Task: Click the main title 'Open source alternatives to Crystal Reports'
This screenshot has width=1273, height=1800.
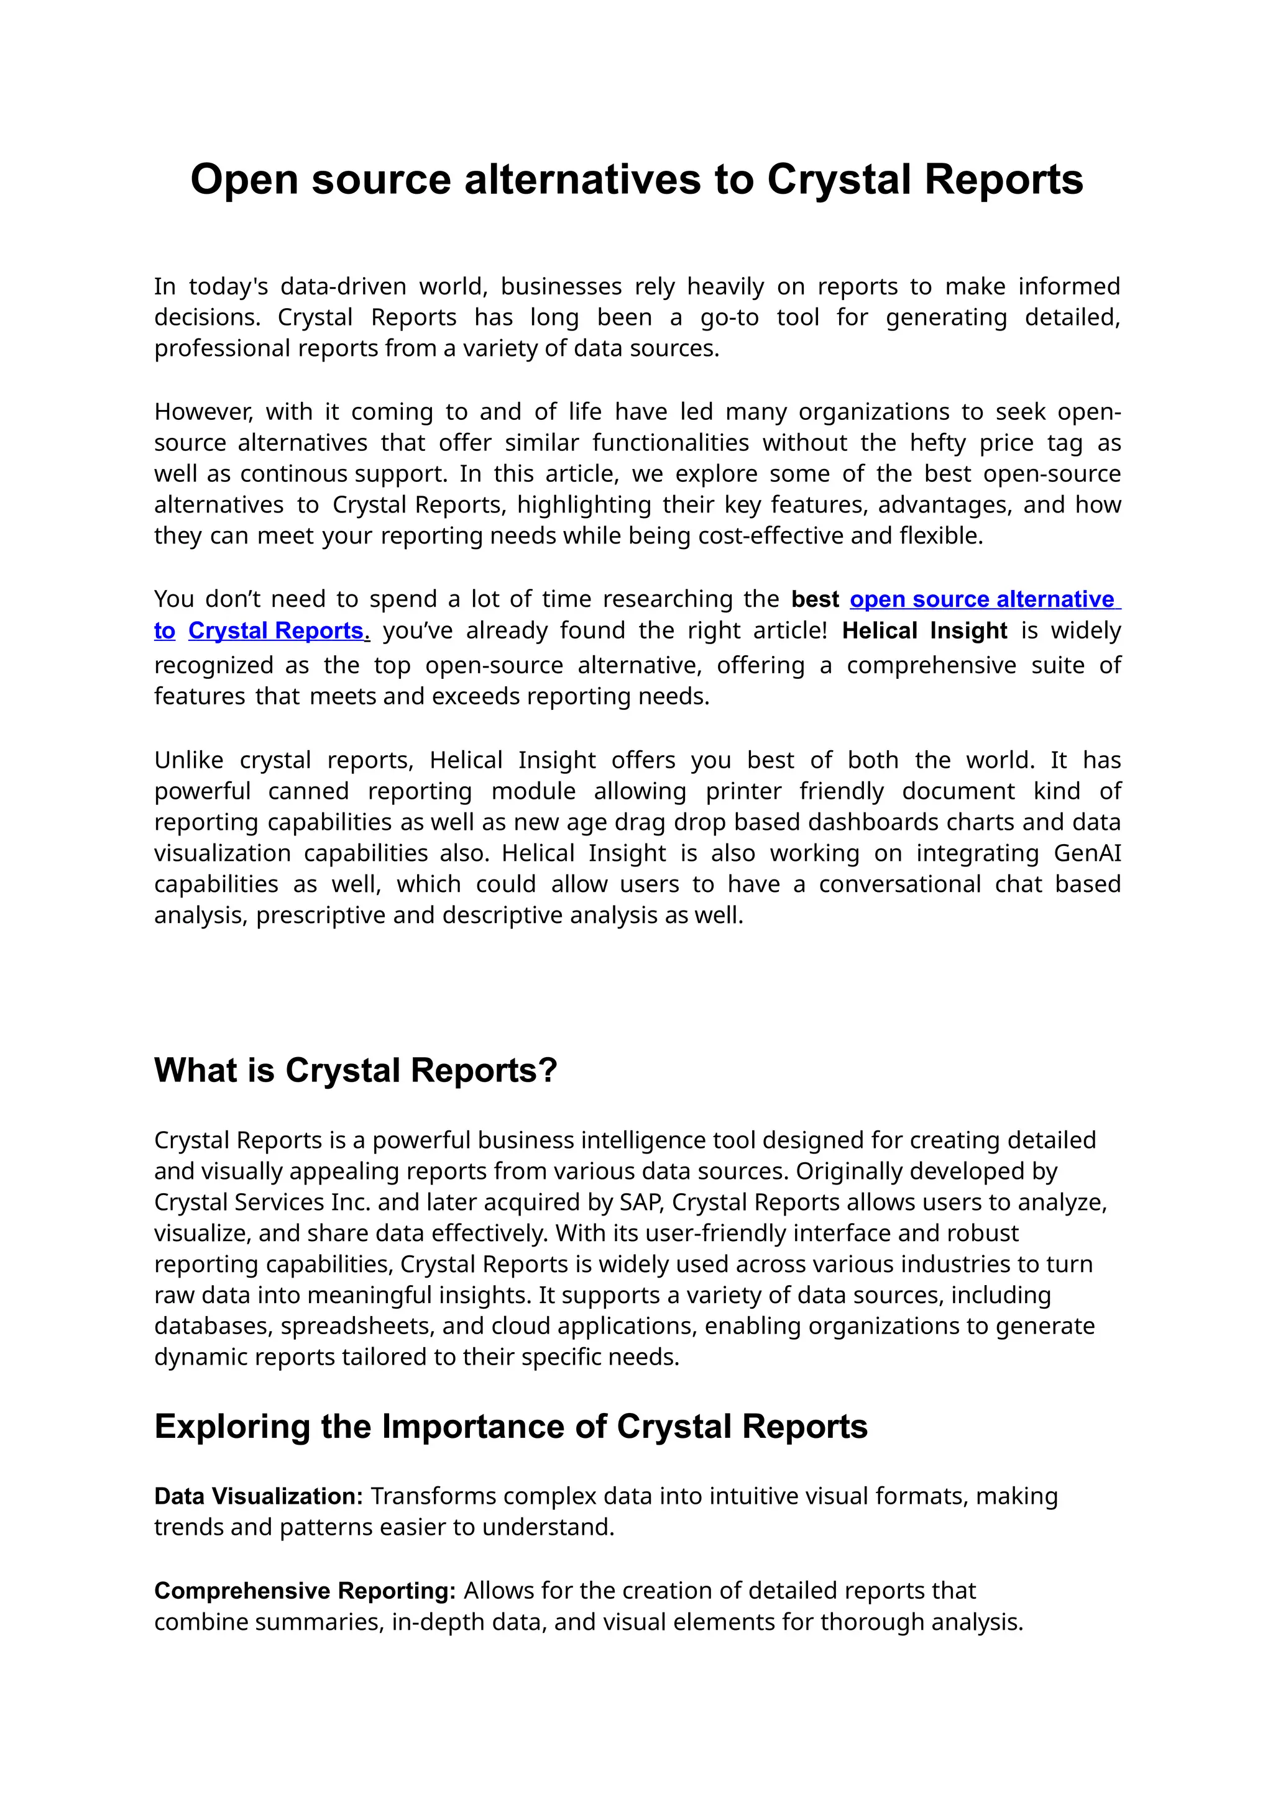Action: click(636, 180)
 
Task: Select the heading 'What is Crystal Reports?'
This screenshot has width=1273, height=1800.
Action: click(356, 1070)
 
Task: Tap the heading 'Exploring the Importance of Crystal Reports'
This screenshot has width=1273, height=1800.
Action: click(510, 1426)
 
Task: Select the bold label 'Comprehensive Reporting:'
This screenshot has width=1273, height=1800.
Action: click(305, 1590)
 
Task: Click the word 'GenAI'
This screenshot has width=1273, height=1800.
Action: click(1087, 852)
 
